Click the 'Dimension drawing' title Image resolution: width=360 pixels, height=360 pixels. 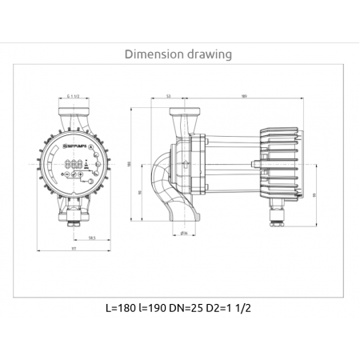(x=179, y=54)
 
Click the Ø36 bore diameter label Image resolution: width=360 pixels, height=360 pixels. (x=183, y=234)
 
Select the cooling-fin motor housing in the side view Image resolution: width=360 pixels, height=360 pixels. (x=272, y=163)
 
